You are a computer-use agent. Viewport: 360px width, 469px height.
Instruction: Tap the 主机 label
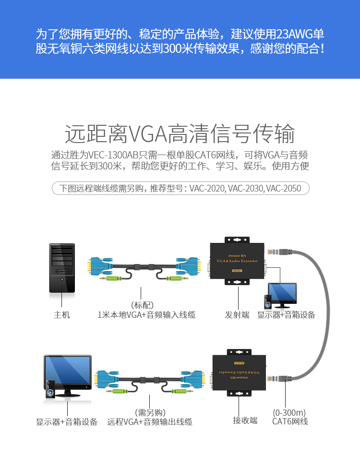(61, 315)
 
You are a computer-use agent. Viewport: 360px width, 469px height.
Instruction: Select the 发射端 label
(237, 315)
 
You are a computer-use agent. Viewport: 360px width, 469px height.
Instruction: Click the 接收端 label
(245, 421)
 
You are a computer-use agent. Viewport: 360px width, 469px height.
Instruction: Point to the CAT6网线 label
(290, 421)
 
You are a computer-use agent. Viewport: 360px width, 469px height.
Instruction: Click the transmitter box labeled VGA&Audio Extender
(237, 262)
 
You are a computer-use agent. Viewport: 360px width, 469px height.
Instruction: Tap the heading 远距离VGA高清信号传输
(180, 134)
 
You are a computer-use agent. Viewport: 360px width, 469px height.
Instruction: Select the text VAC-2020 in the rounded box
(207, 188)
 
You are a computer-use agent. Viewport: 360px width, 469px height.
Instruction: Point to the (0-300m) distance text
(289, 412)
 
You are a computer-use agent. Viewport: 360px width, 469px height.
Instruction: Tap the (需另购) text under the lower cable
(149, 412)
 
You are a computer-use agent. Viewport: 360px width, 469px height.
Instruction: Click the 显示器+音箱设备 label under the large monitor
(67, 421)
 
